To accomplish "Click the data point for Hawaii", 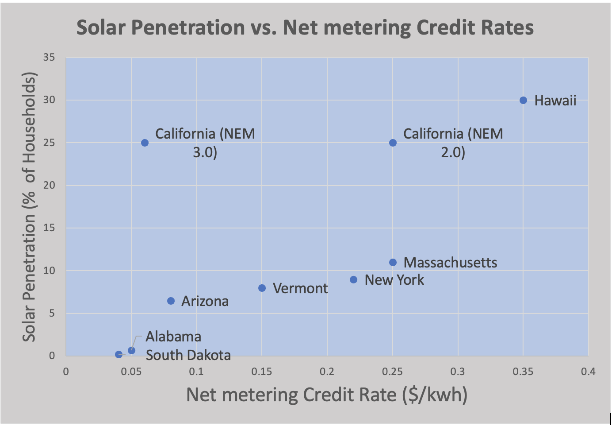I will coord(523,101).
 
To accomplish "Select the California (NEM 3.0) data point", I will coord(145,143).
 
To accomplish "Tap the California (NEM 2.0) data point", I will coord(393,143).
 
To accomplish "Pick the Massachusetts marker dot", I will coord(393,263).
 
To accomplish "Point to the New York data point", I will coord(353,280).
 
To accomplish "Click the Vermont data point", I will coord(262,288).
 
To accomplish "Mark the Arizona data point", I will coord(171,301).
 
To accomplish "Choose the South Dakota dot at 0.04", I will coord(119,355).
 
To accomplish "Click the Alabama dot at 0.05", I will coord(131,351).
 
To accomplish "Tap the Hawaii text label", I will coord(555,101).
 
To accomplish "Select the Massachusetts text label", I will coord(450,263).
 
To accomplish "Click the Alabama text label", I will coord(173,337).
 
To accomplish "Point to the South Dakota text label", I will coord(188,355).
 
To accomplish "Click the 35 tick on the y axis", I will coord(50,58).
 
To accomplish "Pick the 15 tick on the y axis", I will coord(50,228).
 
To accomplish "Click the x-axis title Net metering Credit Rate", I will coord(327,395).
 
